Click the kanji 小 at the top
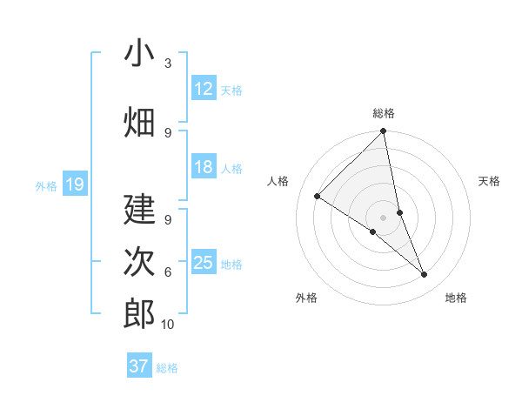click(139, 54)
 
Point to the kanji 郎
click(139, 313)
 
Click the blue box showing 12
click(204, 89)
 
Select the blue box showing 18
click(204, 167)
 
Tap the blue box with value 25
click(204, 263)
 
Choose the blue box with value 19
click(74, 184)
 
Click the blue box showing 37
click(139, 366)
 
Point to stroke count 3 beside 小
click(167, 64)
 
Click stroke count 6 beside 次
click(167, 272)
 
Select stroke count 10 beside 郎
click(168, 325)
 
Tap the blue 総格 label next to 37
click(167, 368)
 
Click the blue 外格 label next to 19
click(45, 185)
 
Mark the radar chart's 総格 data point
click(383, 132)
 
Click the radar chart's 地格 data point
click(425, 275)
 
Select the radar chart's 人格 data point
click(318, 197)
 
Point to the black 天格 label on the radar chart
click(489, 181)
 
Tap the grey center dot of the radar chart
click(383, 217)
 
